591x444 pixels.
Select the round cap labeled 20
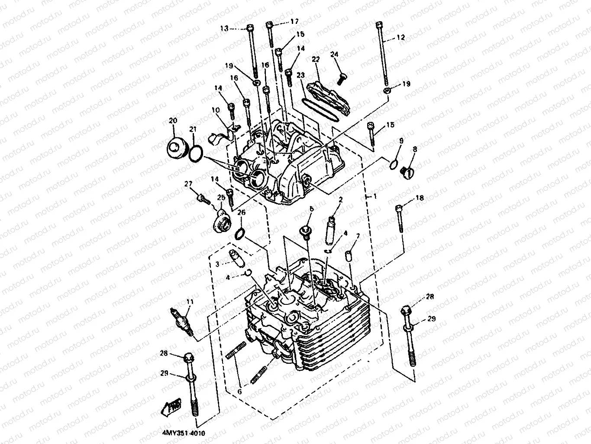(x=176, y=150)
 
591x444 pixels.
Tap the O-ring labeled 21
(x=196, y=153)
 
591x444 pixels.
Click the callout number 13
(x=224, y=28)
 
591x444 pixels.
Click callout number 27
(x=188, y=184)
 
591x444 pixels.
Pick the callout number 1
(x=375, y=196)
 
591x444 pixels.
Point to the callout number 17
(x=294, y=21)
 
